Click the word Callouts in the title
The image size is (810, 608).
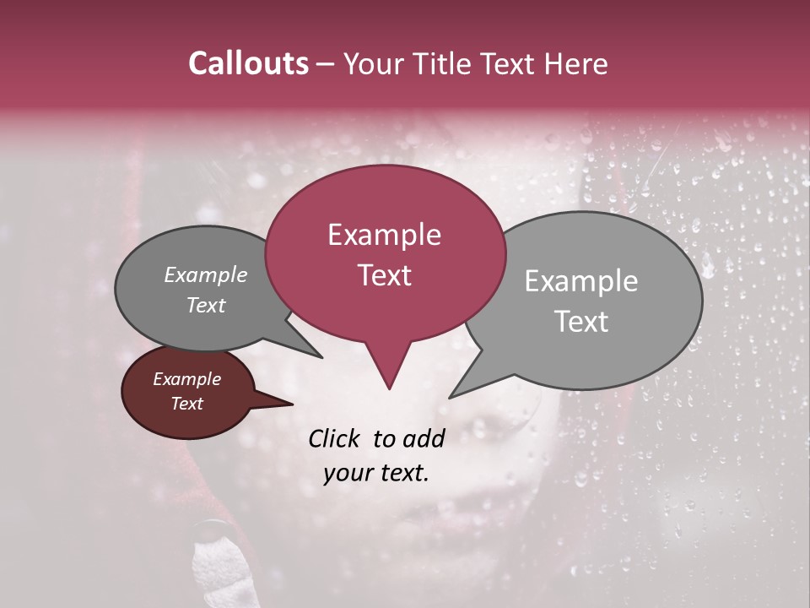(x=248, y=63)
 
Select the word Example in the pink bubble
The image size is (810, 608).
(x=384, y=235)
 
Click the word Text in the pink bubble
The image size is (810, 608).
(x=385, y=275)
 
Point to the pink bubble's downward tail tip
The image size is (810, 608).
(x=389, y=388)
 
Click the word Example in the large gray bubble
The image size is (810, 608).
(x=580, y=281)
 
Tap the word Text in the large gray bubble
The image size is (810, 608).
(x=581, y=322)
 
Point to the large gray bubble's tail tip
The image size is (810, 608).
(x=451, y=397)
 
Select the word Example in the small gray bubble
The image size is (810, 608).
(x=206, y=275)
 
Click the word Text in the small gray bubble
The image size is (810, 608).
(x=206, y=306)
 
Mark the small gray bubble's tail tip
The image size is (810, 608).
(x=321, y=357)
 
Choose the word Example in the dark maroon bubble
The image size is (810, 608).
(x=186, y=379)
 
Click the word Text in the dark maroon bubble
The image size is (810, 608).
(x=187, y=404)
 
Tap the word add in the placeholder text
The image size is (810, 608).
(x=424, y=438)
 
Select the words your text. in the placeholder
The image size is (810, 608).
(x=376, y=473)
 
